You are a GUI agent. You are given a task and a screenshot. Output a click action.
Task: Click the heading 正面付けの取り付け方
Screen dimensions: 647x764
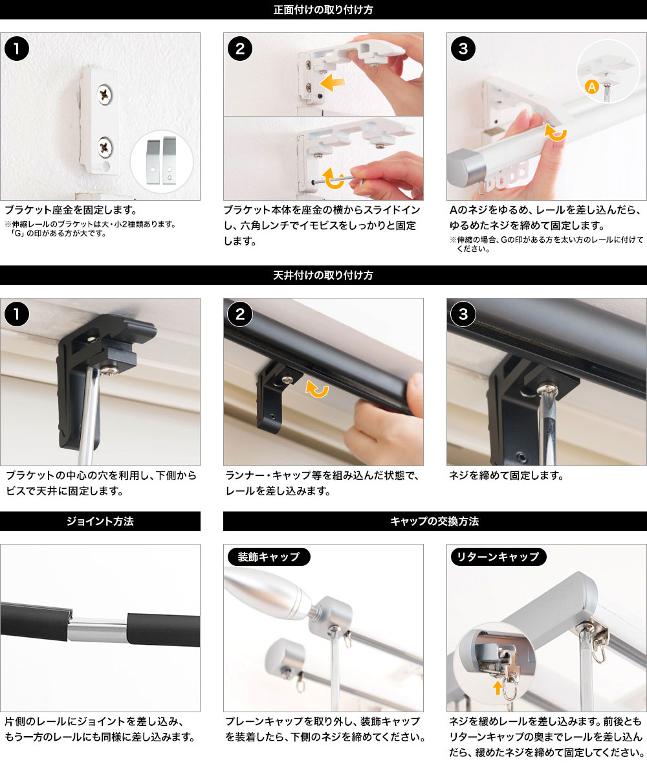pyautogui.click(x=323, y=10)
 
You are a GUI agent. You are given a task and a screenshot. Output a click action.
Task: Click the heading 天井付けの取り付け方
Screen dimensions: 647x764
pyautogui.click(x=323, y=275)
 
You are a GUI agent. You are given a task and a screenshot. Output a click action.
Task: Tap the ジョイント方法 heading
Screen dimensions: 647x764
pyautogui.click(x=100, y=521)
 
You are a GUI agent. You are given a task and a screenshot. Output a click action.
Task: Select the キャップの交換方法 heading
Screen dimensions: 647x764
pyautogui.click(x=435, y=521)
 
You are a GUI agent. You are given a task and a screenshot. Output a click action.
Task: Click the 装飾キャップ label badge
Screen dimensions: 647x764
pyautogui.click(x=269, y=557)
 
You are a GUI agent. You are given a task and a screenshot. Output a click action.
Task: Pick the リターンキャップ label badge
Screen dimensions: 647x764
pyautogui.click(x=499, y=557)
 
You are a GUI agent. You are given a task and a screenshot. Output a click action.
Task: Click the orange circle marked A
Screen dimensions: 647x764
pyautogui.click(x=591, y=87)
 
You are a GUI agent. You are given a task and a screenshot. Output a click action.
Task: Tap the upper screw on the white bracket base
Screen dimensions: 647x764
pyautogui.click(x=104, y=95)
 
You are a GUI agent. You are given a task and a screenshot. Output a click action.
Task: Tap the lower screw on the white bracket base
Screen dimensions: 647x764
pyautogui.click(x=105, y=147)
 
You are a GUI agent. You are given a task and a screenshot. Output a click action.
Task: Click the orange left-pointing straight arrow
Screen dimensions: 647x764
pyautogui.click(x=333, y=83)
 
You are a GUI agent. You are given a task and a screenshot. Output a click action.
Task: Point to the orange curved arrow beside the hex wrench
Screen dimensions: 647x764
pyautogui.click(x=333, y=179)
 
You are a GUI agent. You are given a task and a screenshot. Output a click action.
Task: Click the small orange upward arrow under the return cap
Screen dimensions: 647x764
pyautogui.click(x=498, y=688)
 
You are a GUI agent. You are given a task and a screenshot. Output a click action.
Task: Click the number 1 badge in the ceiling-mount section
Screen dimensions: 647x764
pyautogui.click(x=17, y=314)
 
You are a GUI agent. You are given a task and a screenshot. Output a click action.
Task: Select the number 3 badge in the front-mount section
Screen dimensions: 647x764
pyautogui.click(x=463, y=49)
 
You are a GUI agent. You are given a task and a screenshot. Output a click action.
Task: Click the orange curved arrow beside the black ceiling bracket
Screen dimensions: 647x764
pyautogui.click(x=317, y=389)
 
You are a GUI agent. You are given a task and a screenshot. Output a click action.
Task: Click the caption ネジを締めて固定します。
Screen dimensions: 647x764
pyautogui.click(x=507, y=475)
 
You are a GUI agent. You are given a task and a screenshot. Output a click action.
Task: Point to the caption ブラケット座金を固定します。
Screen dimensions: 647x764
pyautogui.click(x=71, y=210)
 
